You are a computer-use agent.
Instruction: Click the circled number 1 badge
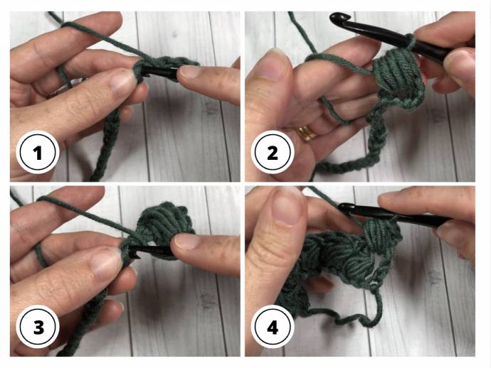pos(38,153)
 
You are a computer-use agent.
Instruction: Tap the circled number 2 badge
pos(273,153)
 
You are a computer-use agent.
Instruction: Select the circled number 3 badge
pos(38,328)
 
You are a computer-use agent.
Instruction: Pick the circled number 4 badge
pos(273,328)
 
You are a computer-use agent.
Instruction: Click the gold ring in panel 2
pos(306,133)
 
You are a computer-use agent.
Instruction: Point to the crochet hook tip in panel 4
pos(345,207)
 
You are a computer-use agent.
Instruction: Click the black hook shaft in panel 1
pos(159,72)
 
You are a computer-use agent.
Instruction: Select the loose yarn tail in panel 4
pos(344,316)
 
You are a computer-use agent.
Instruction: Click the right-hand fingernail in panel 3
pos(186,242)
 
